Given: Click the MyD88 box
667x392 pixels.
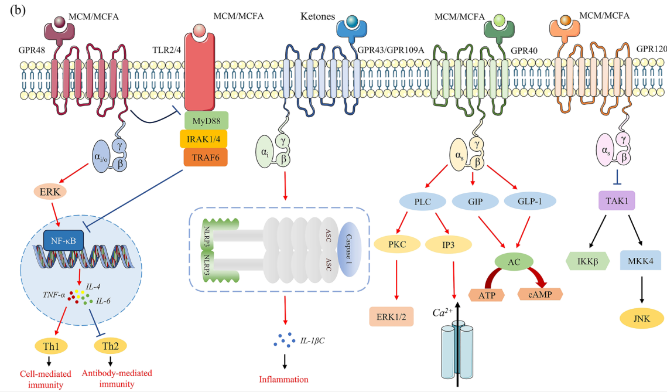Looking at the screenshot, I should [x=206, y=121].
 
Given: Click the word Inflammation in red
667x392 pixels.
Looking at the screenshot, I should [x=283, y=379].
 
